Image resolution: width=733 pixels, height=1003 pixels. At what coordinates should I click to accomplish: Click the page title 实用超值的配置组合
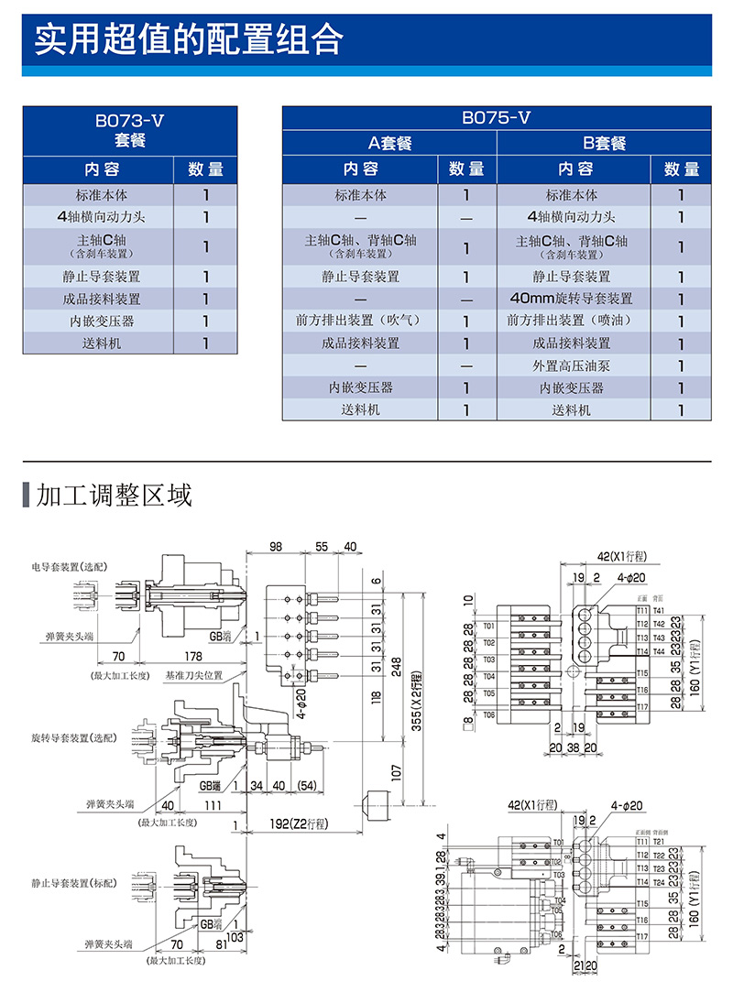click(188, 40)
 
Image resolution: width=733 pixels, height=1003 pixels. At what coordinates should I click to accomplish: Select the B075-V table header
click(496, 118)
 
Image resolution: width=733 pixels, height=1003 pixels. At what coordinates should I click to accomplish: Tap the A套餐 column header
click(389, 143)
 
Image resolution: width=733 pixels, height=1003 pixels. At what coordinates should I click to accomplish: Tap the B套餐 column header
click(604, 143)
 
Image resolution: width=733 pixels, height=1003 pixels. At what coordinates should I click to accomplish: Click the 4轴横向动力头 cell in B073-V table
click(98, 217)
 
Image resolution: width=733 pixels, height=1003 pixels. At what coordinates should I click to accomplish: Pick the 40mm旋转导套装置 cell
click(572, 299)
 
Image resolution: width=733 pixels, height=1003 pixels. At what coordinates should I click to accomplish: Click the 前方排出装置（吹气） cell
click(359, 321)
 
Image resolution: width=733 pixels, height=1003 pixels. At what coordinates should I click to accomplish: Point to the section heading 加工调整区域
click(114, 496)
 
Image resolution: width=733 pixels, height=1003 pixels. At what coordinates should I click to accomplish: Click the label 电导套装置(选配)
click(69, 568)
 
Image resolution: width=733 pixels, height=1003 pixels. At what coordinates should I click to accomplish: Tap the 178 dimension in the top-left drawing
click(192, 656)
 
